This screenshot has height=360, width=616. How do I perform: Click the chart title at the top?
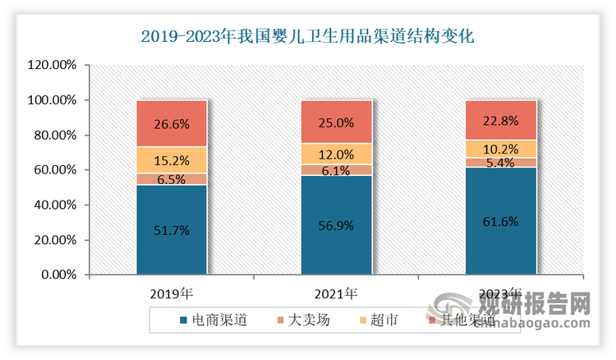[x=308, y=36]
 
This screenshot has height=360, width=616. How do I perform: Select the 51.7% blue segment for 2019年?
[x=172, y=230]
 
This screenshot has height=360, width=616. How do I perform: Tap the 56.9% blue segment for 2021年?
[x=336, y=225]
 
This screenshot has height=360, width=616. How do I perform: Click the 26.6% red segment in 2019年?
[x=172, y=124]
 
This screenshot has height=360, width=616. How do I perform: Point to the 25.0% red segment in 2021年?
[x=336, y=122]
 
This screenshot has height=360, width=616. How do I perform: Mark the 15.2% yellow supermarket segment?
[x=172, y=160]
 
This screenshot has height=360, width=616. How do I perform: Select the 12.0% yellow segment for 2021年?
[x=336, y=155]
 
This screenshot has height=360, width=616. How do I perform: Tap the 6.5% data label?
[x=172, y=179]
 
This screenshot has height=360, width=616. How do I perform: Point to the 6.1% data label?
[x=336, y=170]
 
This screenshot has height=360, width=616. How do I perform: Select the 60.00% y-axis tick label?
[x=54, y=170]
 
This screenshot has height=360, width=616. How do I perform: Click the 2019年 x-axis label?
[x=172, y=293]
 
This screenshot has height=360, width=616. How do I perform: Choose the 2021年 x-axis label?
[x=336, y=293]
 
